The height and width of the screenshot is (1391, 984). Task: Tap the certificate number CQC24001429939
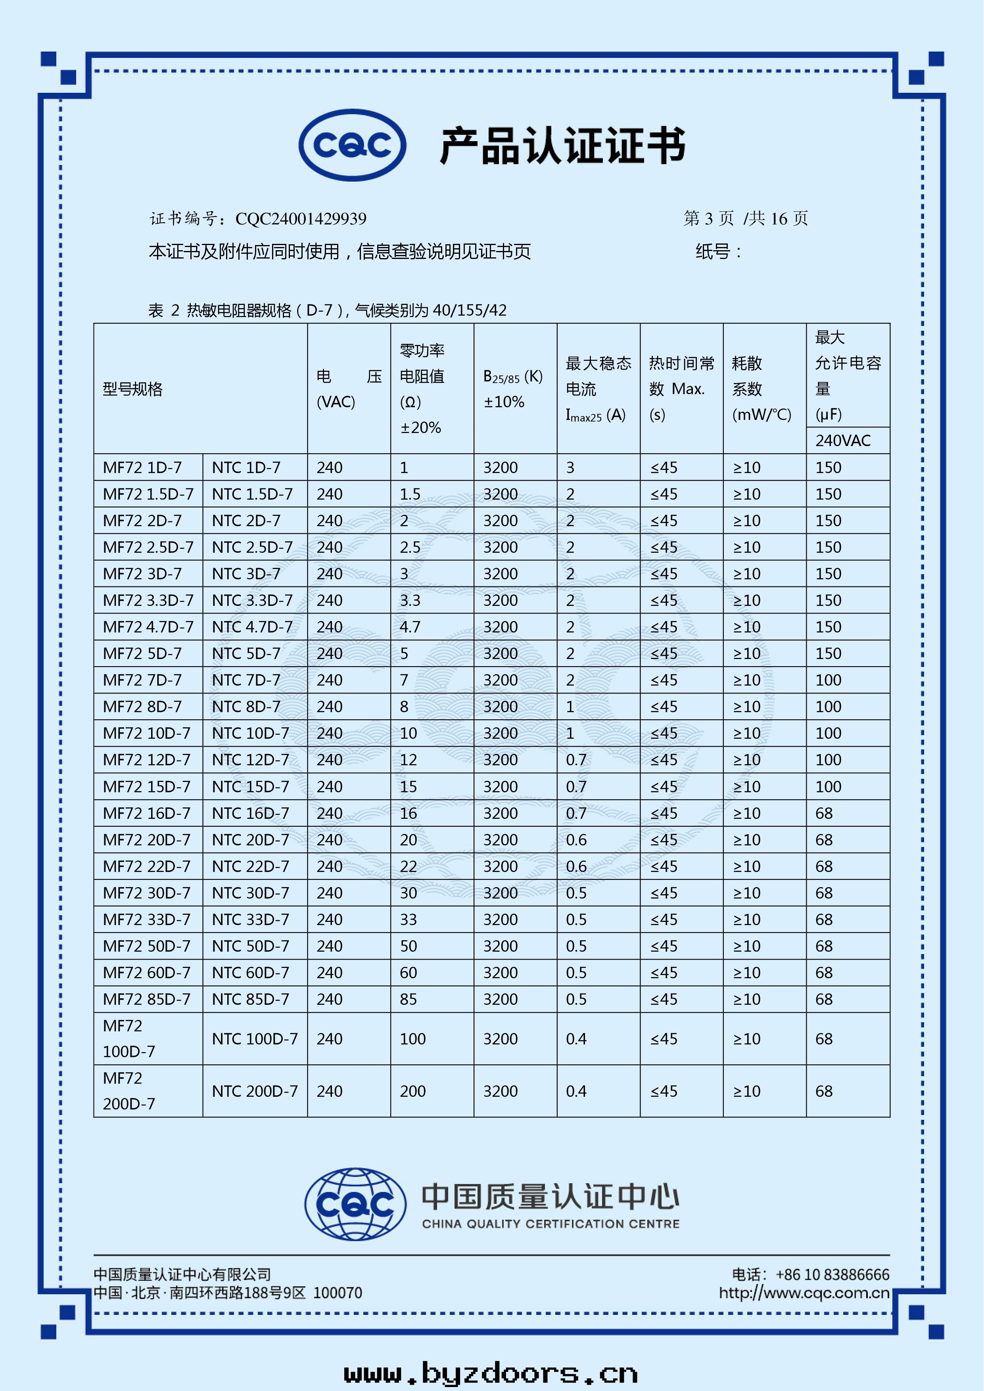301,219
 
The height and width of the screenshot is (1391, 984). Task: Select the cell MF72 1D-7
142,468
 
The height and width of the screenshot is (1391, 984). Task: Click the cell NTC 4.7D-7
252,627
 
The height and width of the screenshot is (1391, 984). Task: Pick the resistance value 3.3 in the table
410,600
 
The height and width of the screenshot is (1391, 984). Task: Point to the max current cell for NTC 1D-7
570,468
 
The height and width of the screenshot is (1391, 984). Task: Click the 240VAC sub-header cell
843,441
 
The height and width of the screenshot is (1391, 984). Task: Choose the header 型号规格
133,389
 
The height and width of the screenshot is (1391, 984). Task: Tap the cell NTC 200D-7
255,1091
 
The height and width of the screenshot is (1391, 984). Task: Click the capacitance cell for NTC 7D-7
828,680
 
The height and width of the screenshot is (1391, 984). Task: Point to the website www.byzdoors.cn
491,1372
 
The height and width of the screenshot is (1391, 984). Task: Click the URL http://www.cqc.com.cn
804,1293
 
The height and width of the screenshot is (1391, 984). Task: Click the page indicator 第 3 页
708,219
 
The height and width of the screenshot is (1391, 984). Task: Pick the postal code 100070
338,1293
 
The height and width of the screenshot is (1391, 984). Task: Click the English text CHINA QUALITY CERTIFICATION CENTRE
551,1224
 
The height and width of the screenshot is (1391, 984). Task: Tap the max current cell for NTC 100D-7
576,1039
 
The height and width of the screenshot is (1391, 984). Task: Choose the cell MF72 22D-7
147,866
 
